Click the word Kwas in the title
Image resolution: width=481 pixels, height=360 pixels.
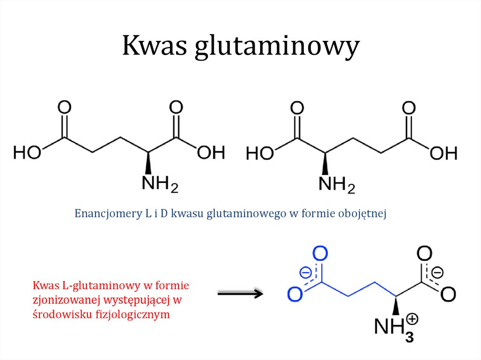click(155, 46)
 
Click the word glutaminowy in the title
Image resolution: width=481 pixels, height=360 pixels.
click(277, 47)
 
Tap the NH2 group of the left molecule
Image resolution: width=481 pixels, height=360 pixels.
click(160, 184)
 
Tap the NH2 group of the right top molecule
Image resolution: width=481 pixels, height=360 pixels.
click(337, 184)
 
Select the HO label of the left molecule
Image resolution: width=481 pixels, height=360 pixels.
click(27, 152)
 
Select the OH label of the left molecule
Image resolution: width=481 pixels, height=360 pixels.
click(211, 153)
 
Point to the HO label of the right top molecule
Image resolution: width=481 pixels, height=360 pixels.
click(260, 153)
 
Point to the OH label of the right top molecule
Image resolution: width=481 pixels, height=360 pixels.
click(443, 153)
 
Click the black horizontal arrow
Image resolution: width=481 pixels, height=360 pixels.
click(240, 294)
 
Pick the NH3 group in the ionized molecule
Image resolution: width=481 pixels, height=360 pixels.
click(394, 329)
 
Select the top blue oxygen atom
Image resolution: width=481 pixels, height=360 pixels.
click(320, 253)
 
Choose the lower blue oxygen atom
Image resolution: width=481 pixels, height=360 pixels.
click(295, 294)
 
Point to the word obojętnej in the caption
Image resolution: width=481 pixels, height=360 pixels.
click(362, 214)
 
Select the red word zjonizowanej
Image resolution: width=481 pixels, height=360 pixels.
click(67, 300)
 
